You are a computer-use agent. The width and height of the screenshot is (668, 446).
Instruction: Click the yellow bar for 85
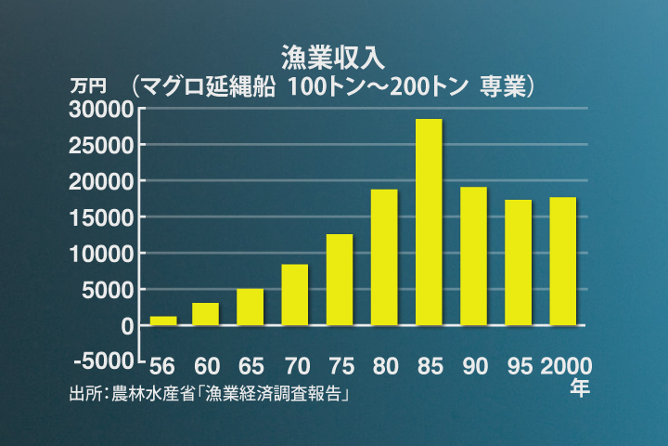[429, 222]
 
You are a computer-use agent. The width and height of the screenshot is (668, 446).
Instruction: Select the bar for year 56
[162, 321]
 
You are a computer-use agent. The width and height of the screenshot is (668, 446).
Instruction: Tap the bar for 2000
[563, 261]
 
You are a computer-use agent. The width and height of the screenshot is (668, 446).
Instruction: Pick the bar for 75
[340, 280]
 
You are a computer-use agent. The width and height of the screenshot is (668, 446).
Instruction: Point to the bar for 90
[473, 256]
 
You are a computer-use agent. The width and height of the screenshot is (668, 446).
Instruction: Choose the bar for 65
[250, 307]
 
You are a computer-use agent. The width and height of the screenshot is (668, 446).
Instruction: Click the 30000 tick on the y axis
[102, 109]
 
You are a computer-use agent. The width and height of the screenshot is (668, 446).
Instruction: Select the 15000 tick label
[102, 217]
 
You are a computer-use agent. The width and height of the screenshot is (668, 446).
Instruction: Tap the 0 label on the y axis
[127, 325]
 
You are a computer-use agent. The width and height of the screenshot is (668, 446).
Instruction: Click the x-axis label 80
[384, 366]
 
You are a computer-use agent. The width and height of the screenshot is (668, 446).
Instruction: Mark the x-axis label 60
[206, 366]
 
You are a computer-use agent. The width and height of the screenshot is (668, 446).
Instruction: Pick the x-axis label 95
[518, 366]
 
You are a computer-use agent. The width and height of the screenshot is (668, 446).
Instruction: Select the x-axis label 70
[295, 366]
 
